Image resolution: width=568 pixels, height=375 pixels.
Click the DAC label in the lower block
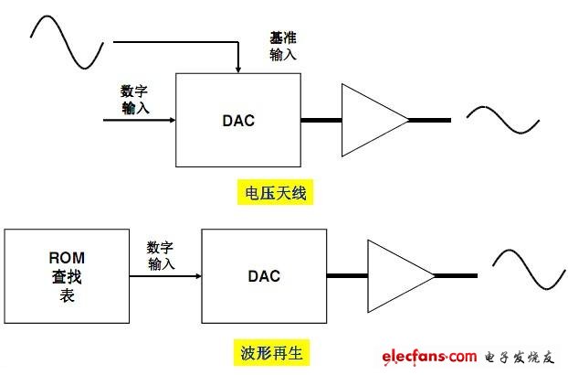[x=263, y=275]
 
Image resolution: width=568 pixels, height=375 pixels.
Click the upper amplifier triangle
[x=371, y=120]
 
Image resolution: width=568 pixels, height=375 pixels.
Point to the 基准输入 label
[x=282, y=46]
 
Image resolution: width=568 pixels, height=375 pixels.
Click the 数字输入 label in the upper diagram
[x=134, y=100]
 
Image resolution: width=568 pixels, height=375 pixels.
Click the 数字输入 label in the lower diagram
[x=160, y=255]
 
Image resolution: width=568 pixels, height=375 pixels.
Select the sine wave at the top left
[x=70, y=41]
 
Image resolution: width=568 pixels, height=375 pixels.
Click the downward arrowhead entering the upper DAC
[x=237, y=68]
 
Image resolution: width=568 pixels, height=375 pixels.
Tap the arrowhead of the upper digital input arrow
[x=171, y=120]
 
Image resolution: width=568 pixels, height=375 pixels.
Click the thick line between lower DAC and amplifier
[x=346, y=275]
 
